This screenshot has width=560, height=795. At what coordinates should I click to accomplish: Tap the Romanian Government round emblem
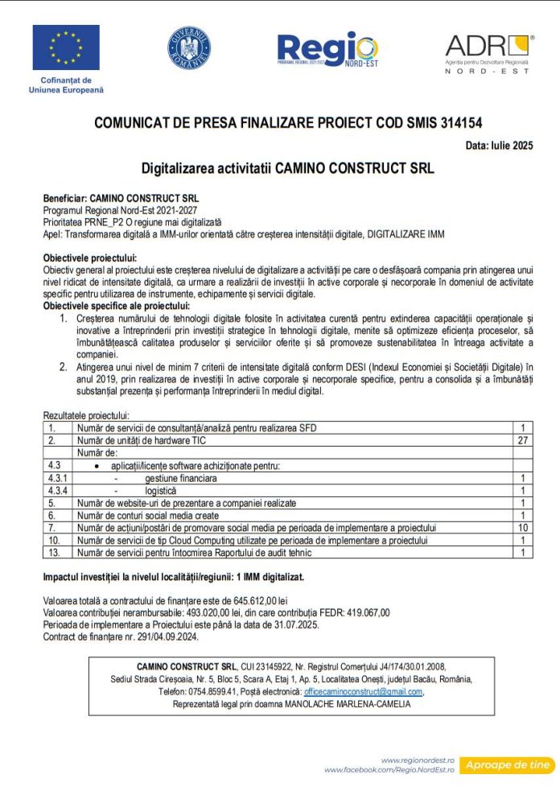(x=189, y=47)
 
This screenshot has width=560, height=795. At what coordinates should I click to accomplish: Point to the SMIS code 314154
(x=462, y=124)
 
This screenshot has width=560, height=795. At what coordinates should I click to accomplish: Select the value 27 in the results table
(x=522, y=440)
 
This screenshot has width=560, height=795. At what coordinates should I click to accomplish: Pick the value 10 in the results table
(x=522, y=527)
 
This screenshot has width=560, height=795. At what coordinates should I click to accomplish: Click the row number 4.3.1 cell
(x=58, y=477)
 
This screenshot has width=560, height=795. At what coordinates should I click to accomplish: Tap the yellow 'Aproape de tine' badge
(x=509, y=764)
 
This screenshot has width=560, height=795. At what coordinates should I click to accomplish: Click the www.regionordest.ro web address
(x=418, y=760)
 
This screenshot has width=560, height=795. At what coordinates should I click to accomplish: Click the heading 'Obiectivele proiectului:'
(x=90, y=257)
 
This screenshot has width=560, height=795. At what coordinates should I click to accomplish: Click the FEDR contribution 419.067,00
(x=364, y=612)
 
